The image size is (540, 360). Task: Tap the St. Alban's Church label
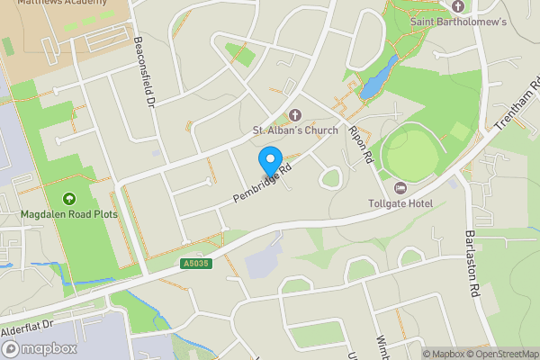(294, 130)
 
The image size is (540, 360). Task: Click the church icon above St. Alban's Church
(294, 114)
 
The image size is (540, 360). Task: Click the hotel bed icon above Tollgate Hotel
(400, 187)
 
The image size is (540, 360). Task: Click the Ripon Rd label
(360, 143)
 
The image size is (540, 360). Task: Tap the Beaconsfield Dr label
(144, 73)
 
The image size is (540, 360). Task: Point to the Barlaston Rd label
(470, 264)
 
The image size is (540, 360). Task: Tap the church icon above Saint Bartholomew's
(457, 6)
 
